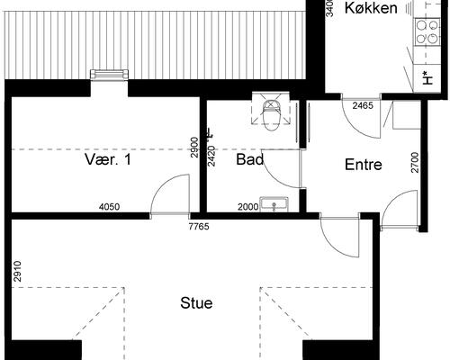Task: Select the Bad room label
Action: [x=249, y=160]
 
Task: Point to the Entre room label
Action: [x=364, y=165]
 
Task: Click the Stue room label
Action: [x=196, y=303]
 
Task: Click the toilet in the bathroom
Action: [x=270, y=110]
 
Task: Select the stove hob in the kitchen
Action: [x=424, y=32]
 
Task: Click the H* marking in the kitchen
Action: [x=427, y=77]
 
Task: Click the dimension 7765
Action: [x=198, y=226]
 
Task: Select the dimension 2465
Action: [x=364, y=106]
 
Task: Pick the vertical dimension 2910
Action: [x=17, y=273]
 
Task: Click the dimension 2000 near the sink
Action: [x=248, y=206]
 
